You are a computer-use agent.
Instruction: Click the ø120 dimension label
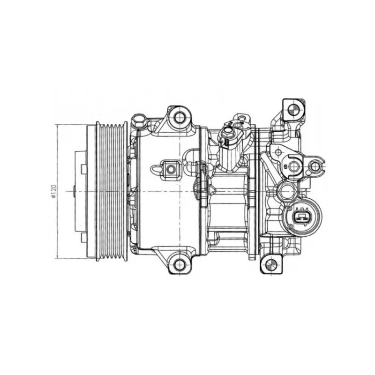[53, 191]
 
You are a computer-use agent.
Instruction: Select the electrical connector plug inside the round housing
[302, 217]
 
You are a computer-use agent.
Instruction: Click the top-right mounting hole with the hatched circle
[293, 110]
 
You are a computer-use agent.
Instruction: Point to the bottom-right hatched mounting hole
[271, 264]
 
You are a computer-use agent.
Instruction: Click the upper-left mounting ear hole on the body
[180, 117]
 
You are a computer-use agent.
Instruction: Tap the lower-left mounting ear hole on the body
[180, 264]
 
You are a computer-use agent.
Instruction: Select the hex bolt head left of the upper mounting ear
[139, 120]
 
